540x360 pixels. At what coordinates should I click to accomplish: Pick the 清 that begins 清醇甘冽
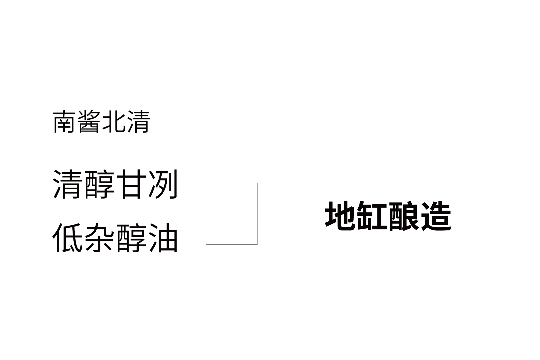[x=67, y=184]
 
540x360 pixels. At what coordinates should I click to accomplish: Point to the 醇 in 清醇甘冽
[x=99, y=184]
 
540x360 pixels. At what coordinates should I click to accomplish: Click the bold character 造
[x=436, y=216]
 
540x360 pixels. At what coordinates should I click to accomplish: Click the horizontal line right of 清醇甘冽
[x=232, y=183]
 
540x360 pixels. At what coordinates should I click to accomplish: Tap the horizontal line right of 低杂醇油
[x=232, y=244]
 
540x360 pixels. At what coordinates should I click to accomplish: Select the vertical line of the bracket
[x=257, y=214]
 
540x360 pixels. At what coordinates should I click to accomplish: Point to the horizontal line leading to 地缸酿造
[x=286, y=216]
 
